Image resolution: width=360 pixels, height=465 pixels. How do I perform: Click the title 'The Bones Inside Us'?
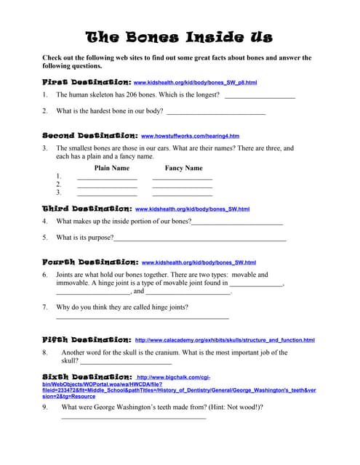tap(179, 36)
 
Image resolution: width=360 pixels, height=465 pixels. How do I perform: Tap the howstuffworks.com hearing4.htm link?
tap(190, 136)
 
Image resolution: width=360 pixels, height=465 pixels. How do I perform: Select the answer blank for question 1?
tap(259, 96)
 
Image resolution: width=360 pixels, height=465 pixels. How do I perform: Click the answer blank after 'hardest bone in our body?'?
tap(215, 112)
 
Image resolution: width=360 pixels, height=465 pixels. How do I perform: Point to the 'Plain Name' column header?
tap(112, 168)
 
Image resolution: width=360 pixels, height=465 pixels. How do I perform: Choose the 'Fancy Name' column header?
tap(183, 168)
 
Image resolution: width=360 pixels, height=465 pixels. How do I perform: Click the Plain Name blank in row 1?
tap(107, 178)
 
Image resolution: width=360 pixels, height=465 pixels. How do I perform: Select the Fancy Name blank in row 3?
tap(182, 195)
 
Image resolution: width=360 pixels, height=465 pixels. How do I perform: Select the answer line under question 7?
tap(142, 318)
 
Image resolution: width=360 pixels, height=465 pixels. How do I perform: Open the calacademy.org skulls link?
tap(225, 340)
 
